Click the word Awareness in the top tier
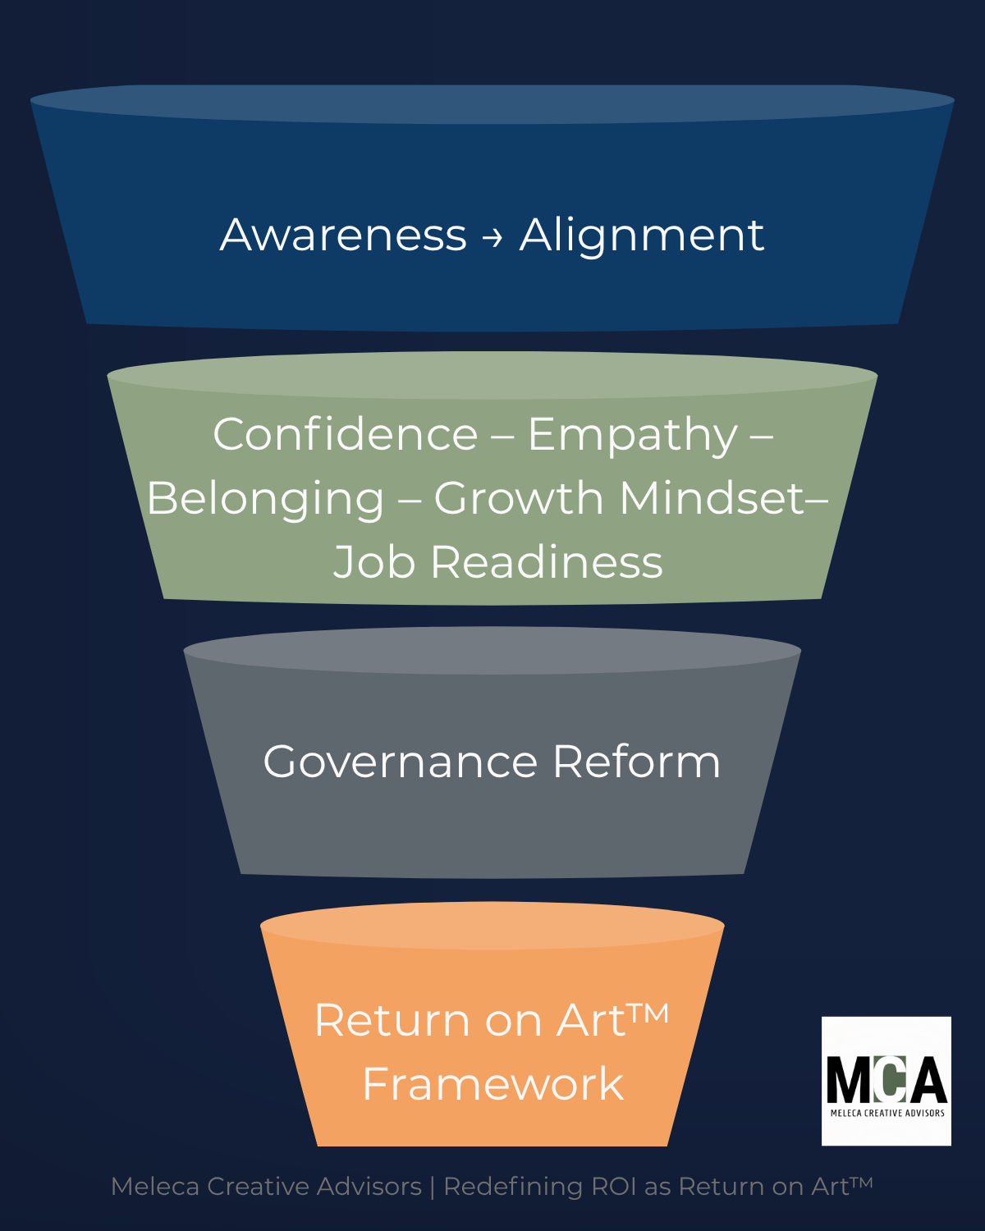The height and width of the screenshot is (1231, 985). [343, 235]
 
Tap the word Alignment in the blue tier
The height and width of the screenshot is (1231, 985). [642, 236]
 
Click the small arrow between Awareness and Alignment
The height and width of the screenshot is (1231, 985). [492, 237]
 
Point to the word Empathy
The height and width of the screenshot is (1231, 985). [632, 435]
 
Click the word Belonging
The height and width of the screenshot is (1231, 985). [265, 499]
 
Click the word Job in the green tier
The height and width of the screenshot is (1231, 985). [374, 562]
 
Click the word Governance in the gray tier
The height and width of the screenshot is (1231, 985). [400, 762]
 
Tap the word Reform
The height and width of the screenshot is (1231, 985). [636, 762]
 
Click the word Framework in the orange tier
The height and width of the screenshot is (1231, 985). [492, 1084]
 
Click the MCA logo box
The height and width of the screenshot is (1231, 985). [886, 1081]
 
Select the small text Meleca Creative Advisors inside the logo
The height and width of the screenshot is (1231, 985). [887, 1113]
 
